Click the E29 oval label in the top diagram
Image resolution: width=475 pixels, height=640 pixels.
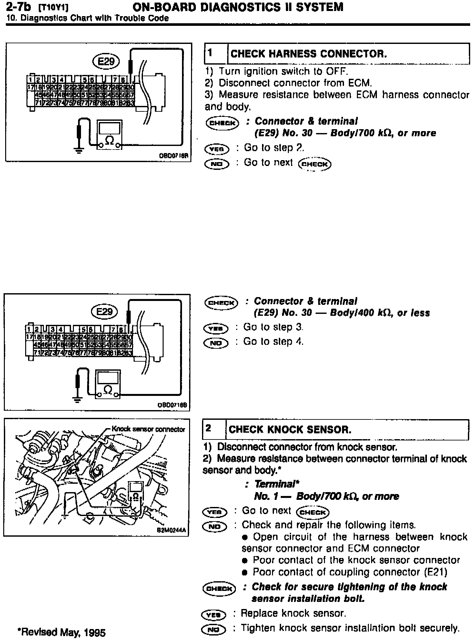tap(106, 61)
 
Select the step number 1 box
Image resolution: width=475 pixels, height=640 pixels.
tap(216, 53)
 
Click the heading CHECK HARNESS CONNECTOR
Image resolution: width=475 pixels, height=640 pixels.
tap(308, 54)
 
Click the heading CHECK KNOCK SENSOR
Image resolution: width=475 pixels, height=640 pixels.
tap(290, 430)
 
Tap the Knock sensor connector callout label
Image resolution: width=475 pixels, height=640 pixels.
tap(148, 429)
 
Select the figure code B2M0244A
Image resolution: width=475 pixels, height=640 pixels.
tap(172, 530)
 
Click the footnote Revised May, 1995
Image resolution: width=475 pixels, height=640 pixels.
tap(61, 632)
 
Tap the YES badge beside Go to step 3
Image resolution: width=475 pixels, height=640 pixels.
tap(216, 328)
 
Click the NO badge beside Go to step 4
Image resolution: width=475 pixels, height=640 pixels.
tap(216, 343)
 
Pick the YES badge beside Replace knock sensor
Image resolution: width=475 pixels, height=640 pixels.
tap(213, 614)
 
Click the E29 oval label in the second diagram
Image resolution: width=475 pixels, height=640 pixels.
tap(105, 311)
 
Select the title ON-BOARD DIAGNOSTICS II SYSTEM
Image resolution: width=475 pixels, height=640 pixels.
tap(238, 7)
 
